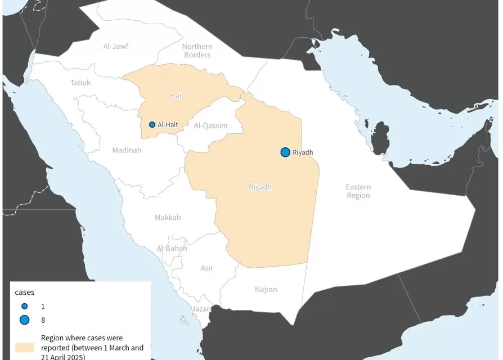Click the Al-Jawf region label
pos(115,46)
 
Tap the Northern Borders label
pos(197,51)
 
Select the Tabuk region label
pos(80,83)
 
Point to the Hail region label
pos(177,96)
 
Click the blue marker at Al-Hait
pos(152,125)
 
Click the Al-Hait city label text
pos(169,125)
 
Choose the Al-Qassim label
pos(211,126)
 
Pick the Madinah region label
pos(127,150)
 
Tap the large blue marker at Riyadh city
pos(285,152)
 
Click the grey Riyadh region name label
pos(260,187)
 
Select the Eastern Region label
pos(358,191)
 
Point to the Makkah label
pos(168,218)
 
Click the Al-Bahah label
pos(172,249)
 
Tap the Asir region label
pos(207,268)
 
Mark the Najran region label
pos(266,290)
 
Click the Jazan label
pos(201,309)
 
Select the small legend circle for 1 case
pos(24,307)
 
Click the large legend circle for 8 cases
pos(24,320)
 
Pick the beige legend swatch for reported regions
pos(25,346)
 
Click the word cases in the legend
pos(25,292)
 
